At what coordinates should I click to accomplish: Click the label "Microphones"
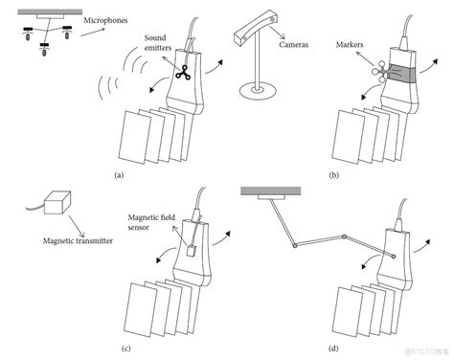105,20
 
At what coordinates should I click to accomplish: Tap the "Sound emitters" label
158,43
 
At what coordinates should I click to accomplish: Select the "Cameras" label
293,44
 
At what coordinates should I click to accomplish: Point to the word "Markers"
350,44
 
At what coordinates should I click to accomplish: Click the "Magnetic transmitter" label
78,240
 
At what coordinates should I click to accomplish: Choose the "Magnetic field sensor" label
151,222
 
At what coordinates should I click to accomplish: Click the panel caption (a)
119,175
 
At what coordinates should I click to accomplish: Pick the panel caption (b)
334,175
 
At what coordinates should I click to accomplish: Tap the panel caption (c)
126,349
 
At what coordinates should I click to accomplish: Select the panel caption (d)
333,349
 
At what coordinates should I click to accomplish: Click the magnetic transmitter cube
57,203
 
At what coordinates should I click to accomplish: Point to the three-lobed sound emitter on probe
183,73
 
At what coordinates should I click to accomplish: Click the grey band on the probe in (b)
401,74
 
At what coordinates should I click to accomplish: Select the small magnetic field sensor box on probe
191,251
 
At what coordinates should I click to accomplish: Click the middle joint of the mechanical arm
344,236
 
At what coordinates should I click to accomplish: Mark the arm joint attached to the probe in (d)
393,256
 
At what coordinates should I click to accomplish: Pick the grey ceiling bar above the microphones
50,11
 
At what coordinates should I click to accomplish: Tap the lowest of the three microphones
44,49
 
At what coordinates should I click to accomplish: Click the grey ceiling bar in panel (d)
271,191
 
